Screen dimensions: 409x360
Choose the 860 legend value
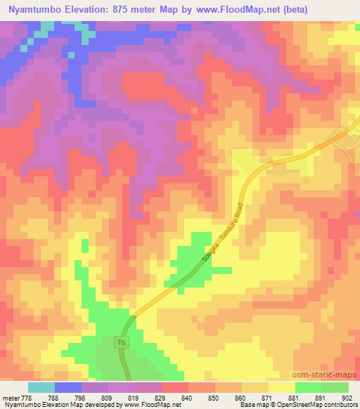[240, 397]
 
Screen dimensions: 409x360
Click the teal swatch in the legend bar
[41, 387]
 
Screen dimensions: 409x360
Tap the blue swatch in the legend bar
[68, 387]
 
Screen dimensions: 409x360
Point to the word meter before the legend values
[11, 397]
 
